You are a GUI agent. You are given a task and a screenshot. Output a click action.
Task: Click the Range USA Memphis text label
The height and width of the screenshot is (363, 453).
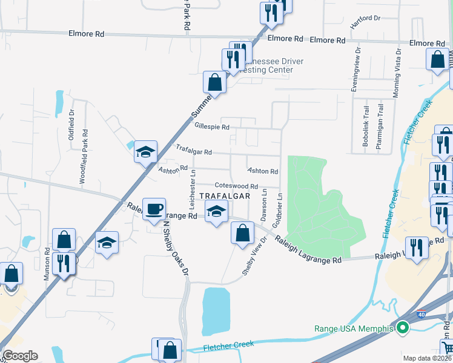pyautogui.click(x=354, y=329)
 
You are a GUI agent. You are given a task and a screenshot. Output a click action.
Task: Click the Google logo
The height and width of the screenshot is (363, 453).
pyautogui.click(x=20, y=356)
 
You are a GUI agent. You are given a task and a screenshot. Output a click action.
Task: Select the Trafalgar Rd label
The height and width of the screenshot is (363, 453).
pyautogui.click(x=194, y=151)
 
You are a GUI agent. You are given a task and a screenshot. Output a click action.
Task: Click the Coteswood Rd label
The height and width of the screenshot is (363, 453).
pyautogui.click(x=236, y=186)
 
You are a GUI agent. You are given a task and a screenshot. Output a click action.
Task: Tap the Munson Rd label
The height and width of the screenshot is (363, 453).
pyautogui.click(x=46, y=264)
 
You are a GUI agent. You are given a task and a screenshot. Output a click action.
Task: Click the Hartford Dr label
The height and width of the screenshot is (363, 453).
pyautogui.click(x=365, y=22)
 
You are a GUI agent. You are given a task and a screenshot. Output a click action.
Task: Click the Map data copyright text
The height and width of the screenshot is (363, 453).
pyautogui.click(x=428, y=358)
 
